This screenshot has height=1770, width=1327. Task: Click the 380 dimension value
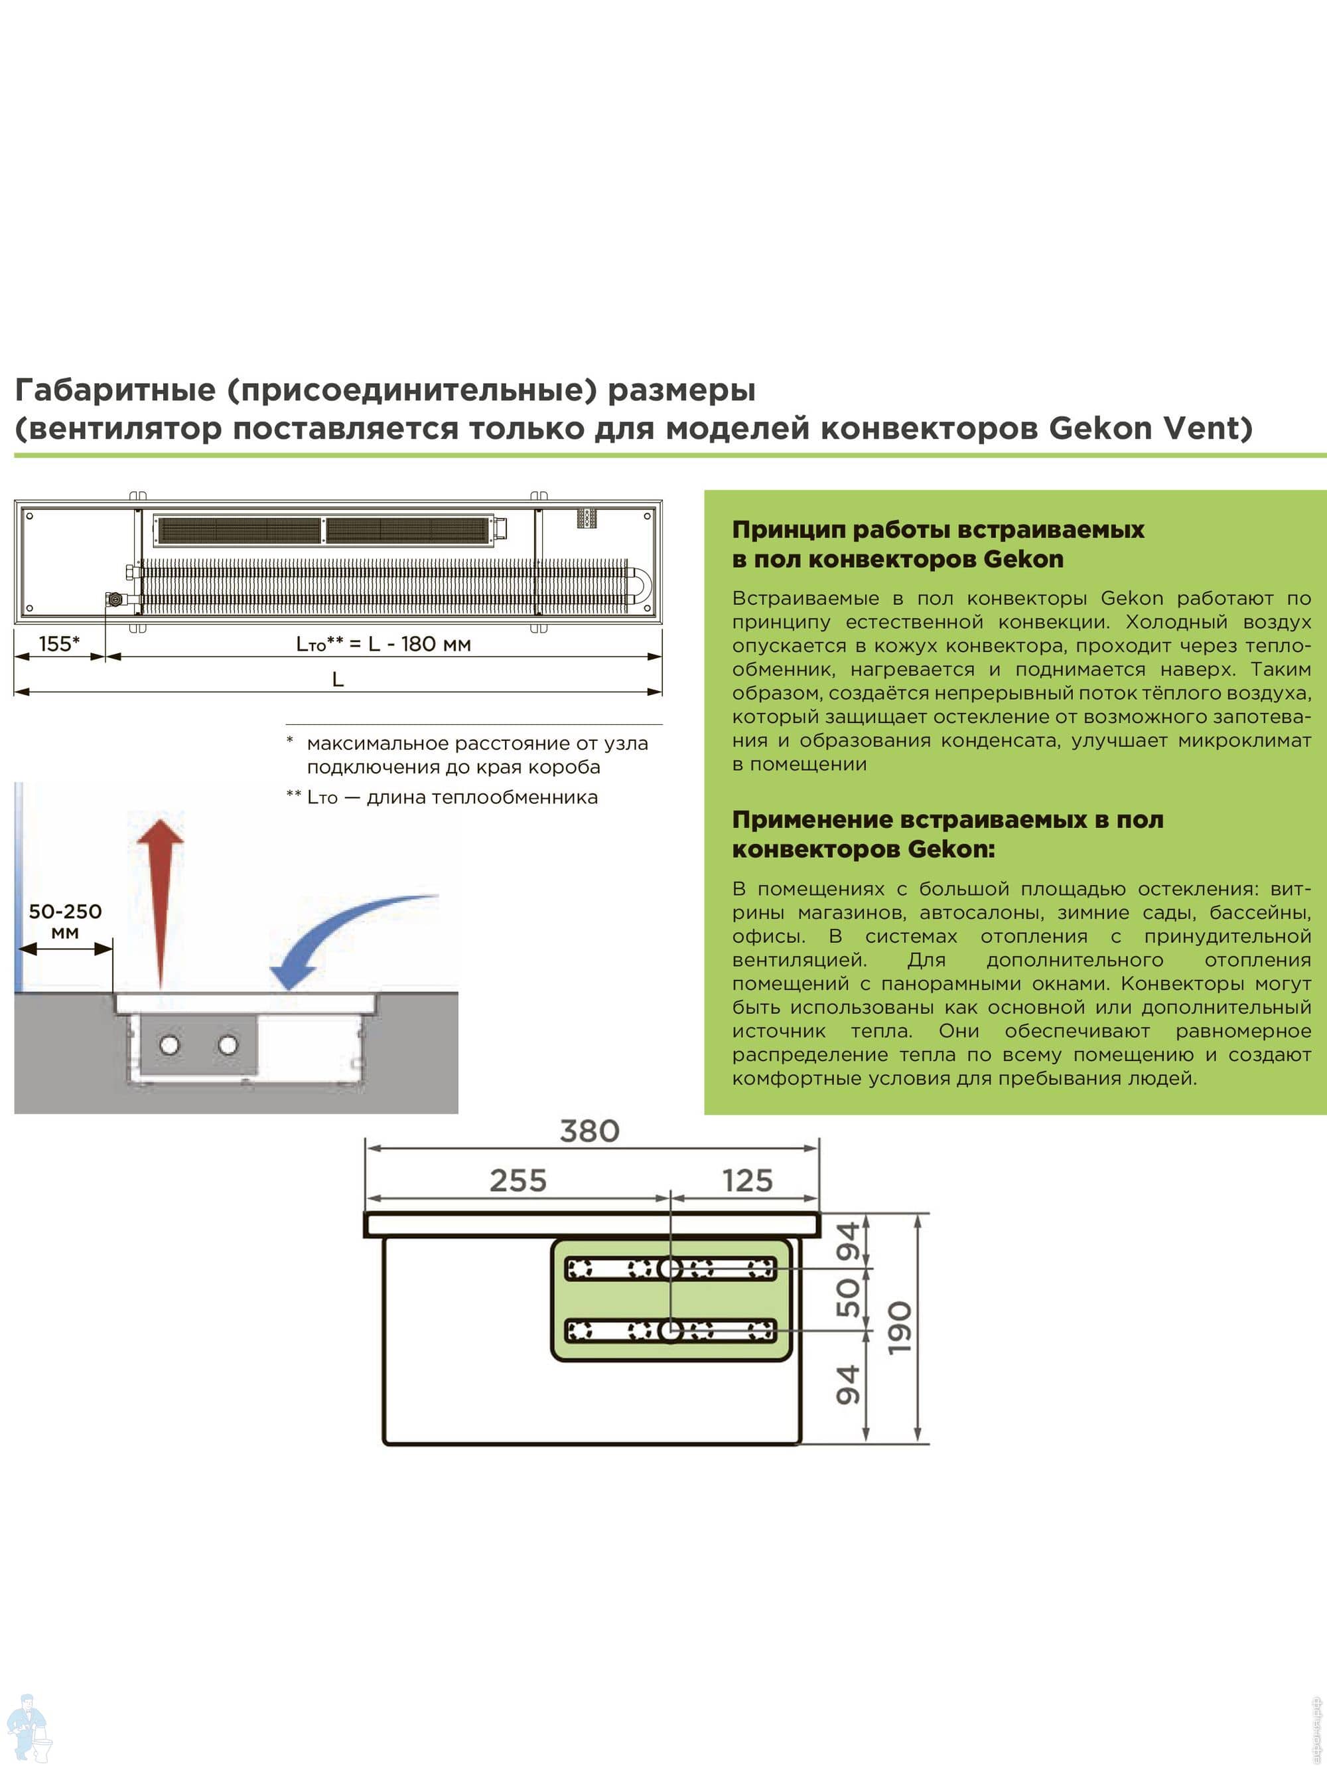point(589,1131)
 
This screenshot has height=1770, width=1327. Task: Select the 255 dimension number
point(518,1180)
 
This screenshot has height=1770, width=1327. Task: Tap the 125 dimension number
point(747,1180)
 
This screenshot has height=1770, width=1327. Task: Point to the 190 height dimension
point(900,1328)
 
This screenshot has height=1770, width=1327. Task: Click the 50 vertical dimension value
point(848,1298)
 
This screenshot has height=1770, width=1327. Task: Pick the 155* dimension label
point(59,643)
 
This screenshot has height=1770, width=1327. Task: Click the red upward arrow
point(161,896)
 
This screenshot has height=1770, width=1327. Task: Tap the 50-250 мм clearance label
point(65,921)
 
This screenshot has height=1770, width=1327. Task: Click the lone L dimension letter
point(338,679)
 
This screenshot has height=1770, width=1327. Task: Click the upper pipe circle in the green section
point(669,1268)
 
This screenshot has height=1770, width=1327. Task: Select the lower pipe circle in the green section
point(669,1330)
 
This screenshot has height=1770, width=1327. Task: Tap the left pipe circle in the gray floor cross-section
point(170,1044)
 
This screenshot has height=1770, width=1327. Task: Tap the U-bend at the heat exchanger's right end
point(640,586)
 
